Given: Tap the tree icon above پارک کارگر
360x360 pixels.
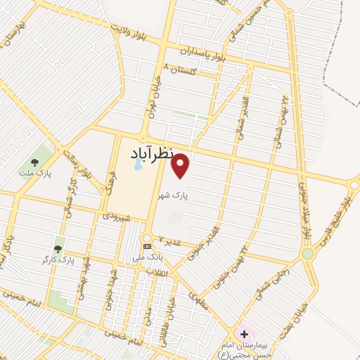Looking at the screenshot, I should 58,248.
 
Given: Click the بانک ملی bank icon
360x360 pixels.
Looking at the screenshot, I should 147,246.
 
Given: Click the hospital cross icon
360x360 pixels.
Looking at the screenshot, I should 244,334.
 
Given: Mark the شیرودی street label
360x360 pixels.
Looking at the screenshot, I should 117,218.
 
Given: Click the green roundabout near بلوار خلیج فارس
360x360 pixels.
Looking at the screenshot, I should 307,252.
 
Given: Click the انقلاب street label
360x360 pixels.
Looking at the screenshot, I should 162,272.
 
